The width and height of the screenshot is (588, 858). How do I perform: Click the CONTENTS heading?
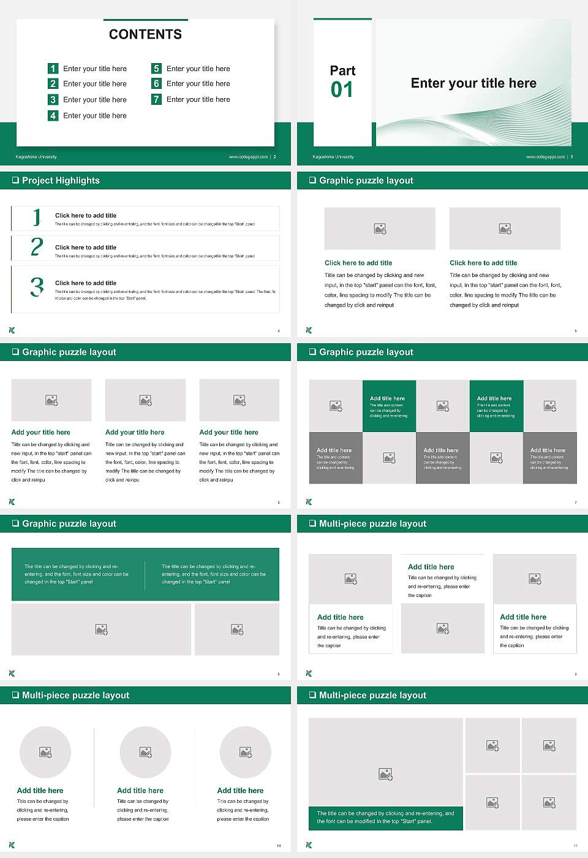[x=145, y=34]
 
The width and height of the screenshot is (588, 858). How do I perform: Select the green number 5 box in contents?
[x=156, y=69]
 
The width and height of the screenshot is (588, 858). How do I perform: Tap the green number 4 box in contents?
[x=53, y=115]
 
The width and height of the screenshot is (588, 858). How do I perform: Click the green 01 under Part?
[x=342, y=90]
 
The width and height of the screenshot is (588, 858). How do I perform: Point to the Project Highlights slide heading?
[x=61, y=180]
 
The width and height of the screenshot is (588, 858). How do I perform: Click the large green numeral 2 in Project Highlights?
[x=37, y=247]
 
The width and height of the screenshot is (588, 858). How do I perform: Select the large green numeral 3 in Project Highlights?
[x=37, y=287]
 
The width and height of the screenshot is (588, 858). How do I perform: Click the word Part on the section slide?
[x=342, y=70]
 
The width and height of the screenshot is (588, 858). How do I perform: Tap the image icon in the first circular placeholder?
[x=45, y=752]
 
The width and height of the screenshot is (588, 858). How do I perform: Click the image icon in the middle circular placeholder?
[x=145, y=752]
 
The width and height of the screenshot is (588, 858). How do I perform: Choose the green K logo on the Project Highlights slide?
[x=12, y=330]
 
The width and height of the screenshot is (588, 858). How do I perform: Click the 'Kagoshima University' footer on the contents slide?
[x=36, y=157]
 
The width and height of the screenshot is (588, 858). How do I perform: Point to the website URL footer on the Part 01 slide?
[x=545, y=157]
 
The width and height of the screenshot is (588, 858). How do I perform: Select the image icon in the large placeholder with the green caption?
[x=385, y=775]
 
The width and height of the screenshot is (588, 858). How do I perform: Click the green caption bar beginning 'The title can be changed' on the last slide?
[x=385, y=818]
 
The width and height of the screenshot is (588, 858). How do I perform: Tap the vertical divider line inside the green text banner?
[x=145, y=574]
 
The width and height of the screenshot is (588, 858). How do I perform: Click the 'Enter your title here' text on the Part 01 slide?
[x=473, y=83]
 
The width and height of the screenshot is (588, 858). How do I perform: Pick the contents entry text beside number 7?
[x=198, y=99]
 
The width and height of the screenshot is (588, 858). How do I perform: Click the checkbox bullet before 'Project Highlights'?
[x=15, y=180]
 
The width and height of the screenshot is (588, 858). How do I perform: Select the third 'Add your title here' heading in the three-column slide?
[x=228, y=432]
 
